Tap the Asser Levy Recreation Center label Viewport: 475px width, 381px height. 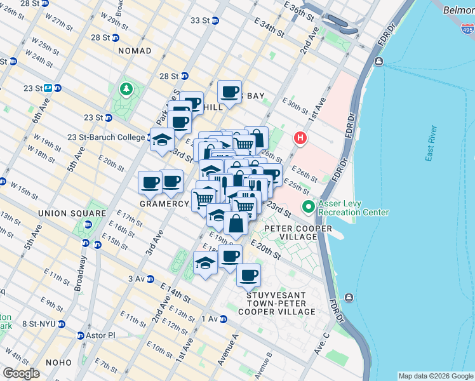click(x=352, y=208)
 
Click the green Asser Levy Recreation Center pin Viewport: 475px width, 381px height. click(x=308, y=207)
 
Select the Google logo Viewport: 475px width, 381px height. click(x=21, y=373)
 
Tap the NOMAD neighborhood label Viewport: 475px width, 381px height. click(x=135, y=50)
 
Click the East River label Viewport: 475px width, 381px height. click(x=432, y=145)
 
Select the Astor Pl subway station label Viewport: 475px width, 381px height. click(x=97, y=335)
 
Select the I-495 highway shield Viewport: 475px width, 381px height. click(x=467, y=27)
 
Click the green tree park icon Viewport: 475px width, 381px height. click(x=125, y=89)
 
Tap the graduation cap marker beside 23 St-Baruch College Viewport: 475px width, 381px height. click(x=163, y=139)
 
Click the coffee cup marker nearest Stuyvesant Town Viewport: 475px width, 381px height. click(x=249, y=276)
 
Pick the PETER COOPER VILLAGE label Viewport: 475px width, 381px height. click(x=290, y=232)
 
